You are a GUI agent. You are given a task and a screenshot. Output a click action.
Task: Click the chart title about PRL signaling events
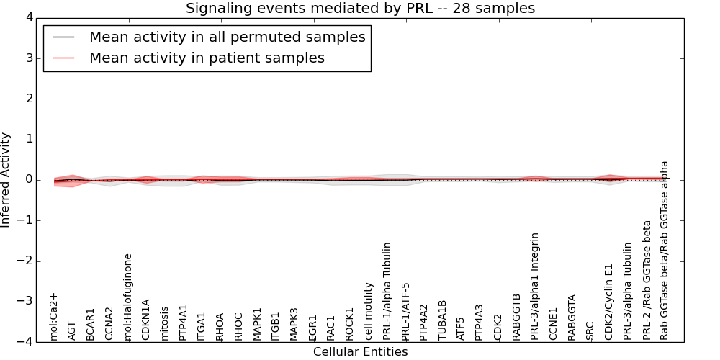tap(360, 9)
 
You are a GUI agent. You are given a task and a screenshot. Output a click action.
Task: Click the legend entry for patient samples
tap(207, 58)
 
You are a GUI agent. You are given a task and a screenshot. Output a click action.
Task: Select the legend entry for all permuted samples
tap(227, 37)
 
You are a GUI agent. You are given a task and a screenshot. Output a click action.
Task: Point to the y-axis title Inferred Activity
tap(6, 180)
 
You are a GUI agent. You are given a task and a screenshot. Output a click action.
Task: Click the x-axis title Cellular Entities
tap(360, 352)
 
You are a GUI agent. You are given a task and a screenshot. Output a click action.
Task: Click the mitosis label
tap(165, 323)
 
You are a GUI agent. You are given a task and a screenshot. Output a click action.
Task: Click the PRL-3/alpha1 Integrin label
tap(535, 286)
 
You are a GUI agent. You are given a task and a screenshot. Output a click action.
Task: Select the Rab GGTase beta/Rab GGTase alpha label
tap(665, 250)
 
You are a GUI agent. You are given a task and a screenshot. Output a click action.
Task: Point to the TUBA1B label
tap(443, 320)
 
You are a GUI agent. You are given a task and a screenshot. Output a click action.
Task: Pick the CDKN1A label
tap(146, 320)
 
